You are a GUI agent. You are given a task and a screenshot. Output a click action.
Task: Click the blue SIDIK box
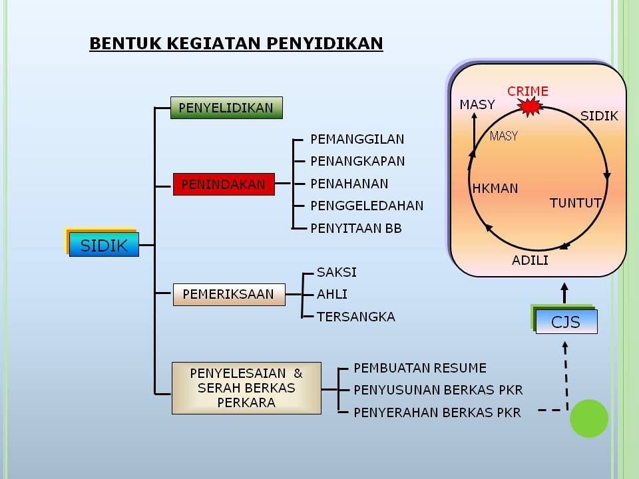pos(104,245)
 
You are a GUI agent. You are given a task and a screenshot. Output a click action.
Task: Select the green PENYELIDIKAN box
pos(226,108)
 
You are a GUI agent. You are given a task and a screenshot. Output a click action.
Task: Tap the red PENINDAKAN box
pos(224,184)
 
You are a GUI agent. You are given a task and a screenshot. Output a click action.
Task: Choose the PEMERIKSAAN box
pos(229,294)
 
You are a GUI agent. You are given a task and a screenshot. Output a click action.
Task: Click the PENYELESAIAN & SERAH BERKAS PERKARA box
pos(246,388)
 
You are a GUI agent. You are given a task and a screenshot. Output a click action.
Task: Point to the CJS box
pos(566,322)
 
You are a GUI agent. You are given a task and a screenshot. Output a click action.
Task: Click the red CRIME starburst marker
pos(529,106)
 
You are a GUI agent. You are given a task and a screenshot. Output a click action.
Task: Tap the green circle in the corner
pos(589,418)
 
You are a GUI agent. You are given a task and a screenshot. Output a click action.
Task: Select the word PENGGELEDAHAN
pos(367,206)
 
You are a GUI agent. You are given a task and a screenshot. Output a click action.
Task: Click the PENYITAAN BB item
pos(356,228)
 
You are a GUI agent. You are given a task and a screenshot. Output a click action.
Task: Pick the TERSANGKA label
pos(356,317)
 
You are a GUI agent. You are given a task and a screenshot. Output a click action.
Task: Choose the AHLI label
pos(332,294)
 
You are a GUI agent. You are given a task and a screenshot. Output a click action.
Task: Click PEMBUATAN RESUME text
pos(420,368)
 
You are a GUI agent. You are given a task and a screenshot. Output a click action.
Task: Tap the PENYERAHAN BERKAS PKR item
pos(437,412)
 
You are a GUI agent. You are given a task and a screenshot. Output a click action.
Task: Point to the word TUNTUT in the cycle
pos(575,203)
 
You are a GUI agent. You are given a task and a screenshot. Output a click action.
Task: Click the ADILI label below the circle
pos(530,260)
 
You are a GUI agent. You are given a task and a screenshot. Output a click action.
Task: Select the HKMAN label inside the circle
pos(495,188)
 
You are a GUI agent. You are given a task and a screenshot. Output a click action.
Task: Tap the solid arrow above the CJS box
pos(564,292)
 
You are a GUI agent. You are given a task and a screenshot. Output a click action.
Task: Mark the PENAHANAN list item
pos(349,184)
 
